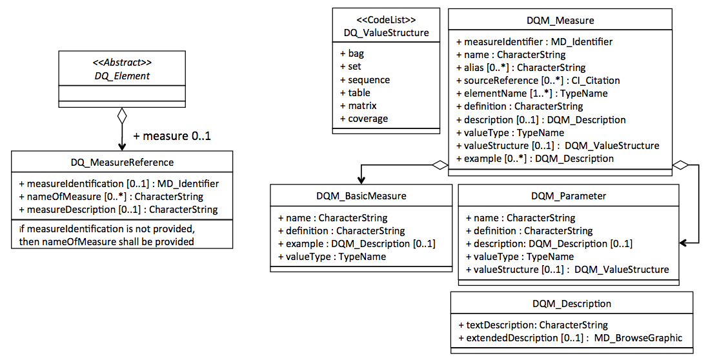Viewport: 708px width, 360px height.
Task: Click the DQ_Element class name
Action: pos(122,75)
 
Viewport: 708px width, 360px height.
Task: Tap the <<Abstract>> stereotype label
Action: pos(122,63)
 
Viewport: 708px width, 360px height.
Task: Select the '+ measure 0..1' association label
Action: pos(172,135)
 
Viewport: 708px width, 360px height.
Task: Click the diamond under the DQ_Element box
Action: pos(122,115)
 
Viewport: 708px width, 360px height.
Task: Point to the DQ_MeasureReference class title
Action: pos(122,163)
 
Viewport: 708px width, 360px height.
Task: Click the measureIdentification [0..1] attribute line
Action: pos(119,184)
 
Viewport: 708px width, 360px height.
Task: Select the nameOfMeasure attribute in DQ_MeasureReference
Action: pos(111,197)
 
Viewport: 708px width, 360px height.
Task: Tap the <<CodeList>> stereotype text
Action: pos(386,20)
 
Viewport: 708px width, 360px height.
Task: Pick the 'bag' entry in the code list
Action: pos(352,54)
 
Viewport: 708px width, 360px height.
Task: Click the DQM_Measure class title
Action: pos(560,20)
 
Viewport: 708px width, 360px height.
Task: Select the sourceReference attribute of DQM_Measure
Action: pos(538,81)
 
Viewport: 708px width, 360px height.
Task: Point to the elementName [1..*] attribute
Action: pos(532,94)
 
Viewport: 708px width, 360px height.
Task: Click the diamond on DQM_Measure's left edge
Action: pos(440,165)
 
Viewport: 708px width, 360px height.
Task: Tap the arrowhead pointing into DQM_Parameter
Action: pos(683,243)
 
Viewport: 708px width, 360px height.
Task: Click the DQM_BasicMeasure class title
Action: pos(361,196)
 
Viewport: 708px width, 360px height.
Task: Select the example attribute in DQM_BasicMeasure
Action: pos(357,244)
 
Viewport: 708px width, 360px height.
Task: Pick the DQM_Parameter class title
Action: pos(569,196)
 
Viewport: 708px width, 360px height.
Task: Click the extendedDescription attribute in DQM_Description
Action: pos(571,338)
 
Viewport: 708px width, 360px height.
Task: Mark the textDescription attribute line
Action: pos(533,325)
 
